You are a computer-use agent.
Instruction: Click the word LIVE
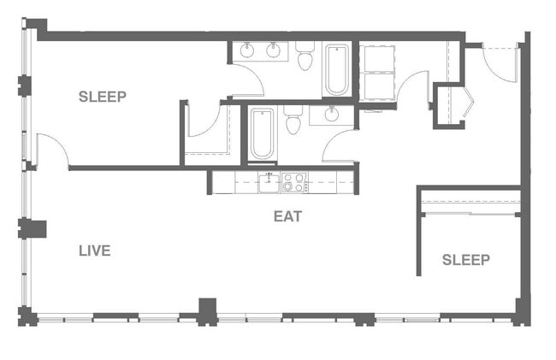point(94,251)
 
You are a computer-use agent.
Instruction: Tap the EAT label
point(287,216)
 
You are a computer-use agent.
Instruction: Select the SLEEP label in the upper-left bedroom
point(103,97)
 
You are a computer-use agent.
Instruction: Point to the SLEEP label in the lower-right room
point(466,260)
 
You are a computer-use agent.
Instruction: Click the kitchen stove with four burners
point(294,181)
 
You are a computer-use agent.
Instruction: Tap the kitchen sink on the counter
point(269,181)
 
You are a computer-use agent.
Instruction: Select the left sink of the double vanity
point(246,50)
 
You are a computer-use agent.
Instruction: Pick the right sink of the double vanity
point(273,50)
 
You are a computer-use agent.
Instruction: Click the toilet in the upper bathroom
point(305,58)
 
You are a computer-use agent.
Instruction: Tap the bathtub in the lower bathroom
point(262,134)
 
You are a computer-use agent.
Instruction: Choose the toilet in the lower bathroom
point(293,122)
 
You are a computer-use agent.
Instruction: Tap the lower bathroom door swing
point(339,145)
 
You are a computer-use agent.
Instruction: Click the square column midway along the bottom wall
point(207,310)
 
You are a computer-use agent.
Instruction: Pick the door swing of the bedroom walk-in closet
point(203,121)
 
